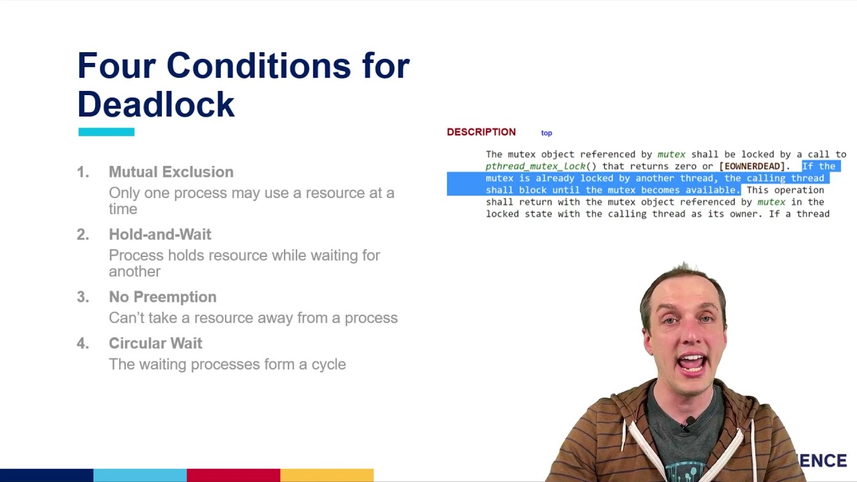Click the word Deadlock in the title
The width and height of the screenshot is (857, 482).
coord(156,104)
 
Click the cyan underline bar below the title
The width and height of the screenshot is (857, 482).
coord(106,132)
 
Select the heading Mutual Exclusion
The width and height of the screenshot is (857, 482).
coord(171,172)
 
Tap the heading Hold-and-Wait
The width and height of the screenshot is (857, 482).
coord(160,234)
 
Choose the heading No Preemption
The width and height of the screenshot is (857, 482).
coord(163,297)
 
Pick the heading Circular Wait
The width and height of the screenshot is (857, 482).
coord(155,343)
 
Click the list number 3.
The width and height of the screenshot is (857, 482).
coord(82,297)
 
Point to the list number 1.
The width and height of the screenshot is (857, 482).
coord(82,172)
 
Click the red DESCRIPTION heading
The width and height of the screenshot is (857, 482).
coord(481,132)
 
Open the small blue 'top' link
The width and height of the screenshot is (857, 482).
coord(546,133)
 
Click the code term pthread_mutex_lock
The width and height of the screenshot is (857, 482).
coord(536,166)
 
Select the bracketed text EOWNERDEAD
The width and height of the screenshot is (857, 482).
coord(752,166)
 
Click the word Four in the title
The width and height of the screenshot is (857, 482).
coord(116,66)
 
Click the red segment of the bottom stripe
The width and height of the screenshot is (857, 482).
coord(233,475)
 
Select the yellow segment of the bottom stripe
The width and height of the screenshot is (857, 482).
coord(327,475)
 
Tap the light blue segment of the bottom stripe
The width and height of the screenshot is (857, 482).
coord(140,475)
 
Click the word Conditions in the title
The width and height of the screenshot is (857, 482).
coord(258,66)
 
